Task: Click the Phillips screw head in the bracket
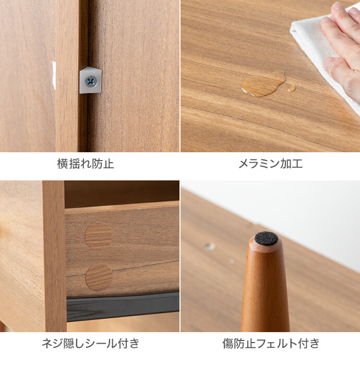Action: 91,81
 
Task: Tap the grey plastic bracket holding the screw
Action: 91,80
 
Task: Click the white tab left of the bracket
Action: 54,76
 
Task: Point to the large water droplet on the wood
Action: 263,84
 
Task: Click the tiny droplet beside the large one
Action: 292,89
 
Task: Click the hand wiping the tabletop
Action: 343,48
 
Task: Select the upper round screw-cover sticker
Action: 99,236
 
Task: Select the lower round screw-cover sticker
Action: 99,277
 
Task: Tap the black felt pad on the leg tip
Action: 267,238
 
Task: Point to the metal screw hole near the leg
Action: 209,247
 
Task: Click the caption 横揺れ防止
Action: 86,164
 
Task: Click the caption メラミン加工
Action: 270,164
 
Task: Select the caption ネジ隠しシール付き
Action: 90,343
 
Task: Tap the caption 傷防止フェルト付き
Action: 271,343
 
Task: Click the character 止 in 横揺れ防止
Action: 109,164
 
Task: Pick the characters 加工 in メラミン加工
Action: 292,164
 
